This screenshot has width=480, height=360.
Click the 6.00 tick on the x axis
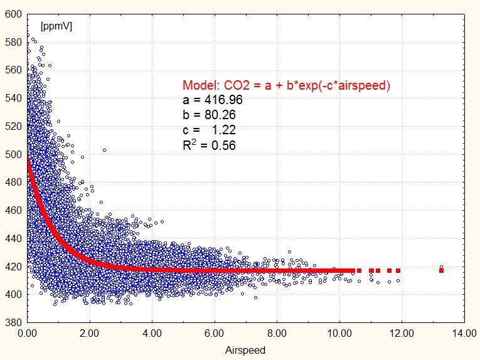click(x=215, y=334)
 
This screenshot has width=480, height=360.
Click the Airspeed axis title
click(x=245, y=351)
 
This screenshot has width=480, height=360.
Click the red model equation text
click(x=286, y=86)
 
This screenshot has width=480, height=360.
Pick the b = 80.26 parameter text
click(x=210, y=115)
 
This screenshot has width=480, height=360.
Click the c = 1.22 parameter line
click(x=210, y=130)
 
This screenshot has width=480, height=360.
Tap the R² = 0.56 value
click(x=210, y=146)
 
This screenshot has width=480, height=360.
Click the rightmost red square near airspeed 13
click(x=442, y=271)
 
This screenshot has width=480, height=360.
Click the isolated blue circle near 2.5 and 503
click(x=104, y=150)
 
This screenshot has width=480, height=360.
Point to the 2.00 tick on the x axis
click(x=90, y=334)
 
